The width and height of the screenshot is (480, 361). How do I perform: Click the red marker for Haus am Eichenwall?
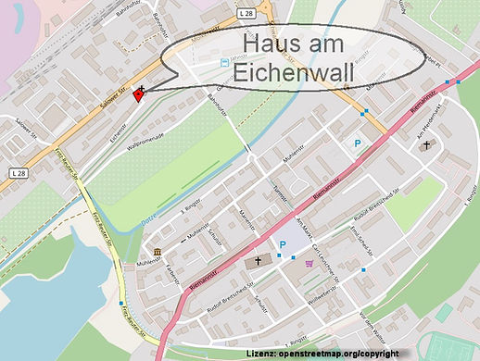pyautogui.click(x=139, y=93)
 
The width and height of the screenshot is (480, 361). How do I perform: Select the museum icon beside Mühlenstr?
pyautogui.click(x=156, y=253)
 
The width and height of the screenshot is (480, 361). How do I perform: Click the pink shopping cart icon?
pyautogui.click(x=309, y=264)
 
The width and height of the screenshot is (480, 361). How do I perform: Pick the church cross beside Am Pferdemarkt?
pyautogui.click(x=425, y=145)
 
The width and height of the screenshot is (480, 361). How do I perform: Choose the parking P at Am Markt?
pyautogui.click(x=283, y=245)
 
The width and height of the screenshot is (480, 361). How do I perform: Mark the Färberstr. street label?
pyautogui.click(x=172, y=275)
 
